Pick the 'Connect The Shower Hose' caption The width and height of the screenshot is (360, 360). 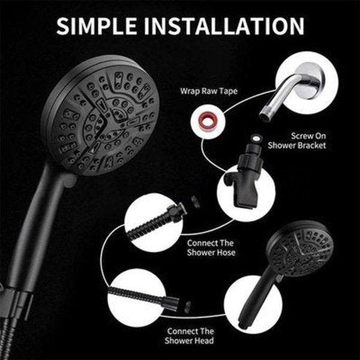point(211,248)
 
